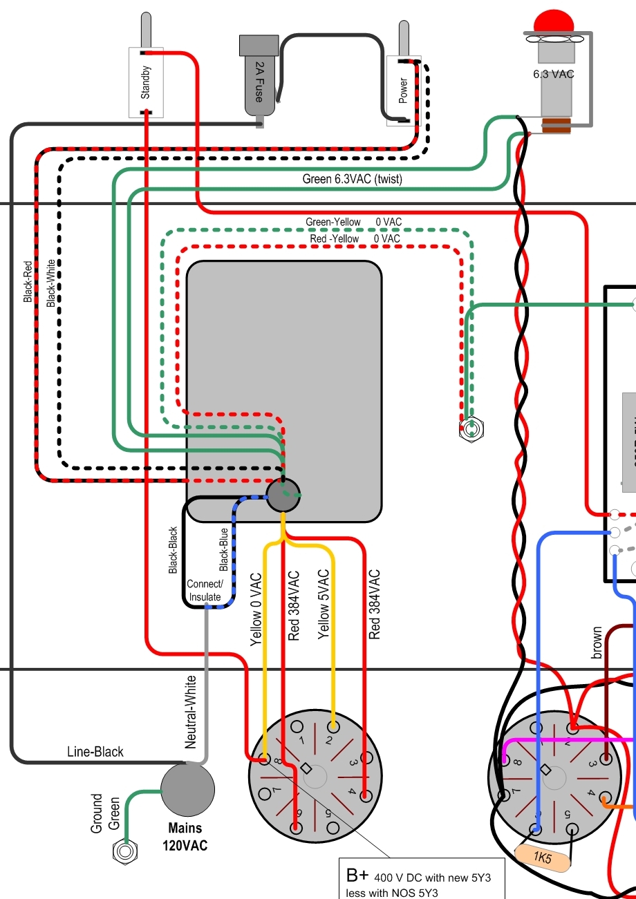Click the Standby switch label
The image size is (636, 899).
click(146, 82)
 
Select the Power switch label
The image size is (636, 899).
click(403, 89)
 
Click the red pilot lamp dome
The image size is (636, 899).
click(553, 21)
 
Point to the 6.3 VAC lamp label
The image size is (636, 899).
click(553, 73)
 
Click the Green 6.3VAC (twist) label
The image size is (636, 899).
click(352, 179)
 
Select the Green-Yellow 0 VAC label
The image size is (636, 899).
click(353, 222)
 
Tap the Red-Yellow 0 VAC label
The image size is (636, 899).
click(355, 238)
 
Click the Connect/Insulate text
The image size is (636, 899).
click(204, 592)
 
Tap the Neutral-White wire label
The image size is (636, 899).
click(191, 712)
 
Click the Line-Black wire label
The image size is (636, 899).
click(95, 751)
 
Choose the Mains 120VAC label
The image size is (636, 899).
click(185, 836)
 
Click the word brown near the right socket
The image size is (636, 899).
click(597, 643)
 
